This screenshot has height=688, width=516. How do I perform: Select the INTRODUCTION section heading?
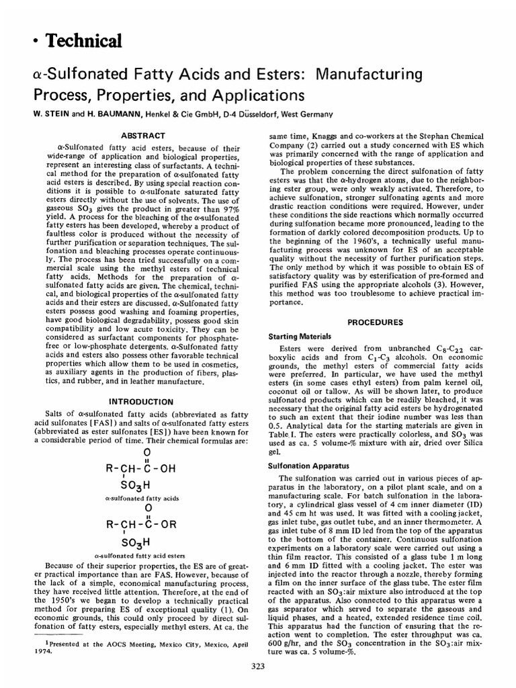click(137, 402)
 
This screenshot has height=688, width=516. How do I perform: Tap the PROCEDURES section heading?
click(374, 322)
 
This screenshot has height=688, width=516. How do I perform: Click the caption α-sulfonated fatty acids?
click(139, 499)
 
